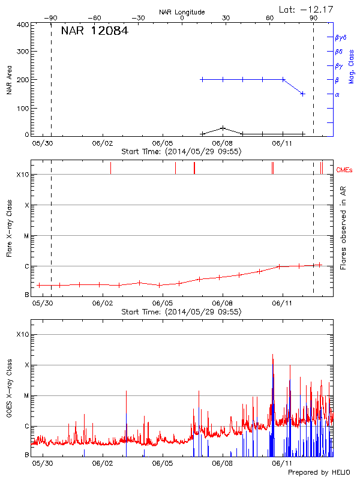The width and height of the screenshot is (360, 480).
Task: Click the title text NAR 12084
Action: click(x=94, y=31)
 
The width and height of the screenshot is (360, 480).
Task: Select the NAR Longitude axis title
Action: click(x=182, y=12)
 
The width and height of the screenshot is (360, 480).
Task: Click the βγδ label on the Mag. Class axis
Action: click(x=340, y=37)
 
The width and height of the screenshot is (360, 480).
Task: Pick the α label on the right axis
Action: click(x=337, y=94)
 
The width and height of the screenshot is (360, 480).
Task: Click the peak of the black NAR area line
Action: click(x=223, y=127)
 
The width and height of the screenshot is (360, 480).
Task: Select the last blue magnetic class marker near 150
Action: click(x=303, y=94)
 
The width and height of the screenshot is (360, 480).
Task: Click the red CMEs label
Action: click(x=345, y=170)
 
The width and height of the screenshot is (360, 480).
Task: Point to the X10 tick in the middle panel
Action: click(x=22, y=175)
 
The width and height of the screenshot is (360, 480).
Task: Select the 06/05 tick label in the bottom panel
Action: click(x=163, y=463)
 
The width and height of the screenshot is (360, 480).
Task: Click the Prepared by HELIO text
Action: click(x=317, y=473)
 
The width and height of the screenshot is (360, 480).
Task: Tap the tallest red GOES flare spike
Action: click(x=272, y=355)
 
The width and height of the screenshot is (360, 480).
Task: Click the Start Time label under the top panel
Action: click(x=181, y=152)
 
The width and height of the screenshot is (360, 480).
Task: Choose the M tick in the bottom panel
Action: click(x=25, y=396)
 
